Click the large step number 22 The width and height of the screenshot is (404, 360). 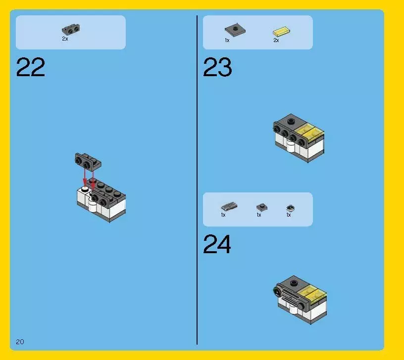tap(31, 67)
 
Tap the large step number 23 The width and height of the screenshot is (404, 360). tap(217, 67)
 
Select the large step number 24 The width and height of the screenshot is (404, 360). tap(217, 244)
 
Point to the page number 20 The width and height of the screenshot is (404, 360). tap(20, 342)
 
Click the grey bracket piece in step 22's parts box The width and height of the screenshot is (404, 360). tap(71, 29)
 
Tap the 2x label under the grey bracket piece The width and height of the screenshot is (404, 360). tap(65, 39)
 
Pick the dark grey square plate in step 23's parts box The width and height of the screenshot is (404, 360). tap(235, 30)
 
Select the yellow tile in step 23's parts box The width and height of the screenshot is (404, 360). tap(282, 31)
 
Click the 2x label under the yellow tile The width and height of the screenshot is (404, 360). tap(276, 40)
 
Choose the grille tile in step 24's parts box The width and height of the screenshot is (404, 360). tap(229, 206)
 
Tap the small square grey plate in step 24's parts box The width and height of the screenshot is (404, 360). tap(262, 207)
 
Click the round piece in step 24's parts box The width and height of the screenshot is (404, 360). tap(290, 208)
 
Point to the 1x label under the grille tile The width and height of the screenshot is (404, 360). tap(223, 215)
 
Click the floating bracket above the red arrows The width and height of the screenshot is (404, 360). tap(88, 162)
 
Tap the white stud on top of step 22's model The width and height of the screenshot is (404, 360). tap(85, 189)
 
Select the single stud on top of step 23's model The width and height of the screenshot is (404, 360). tap(291, 121)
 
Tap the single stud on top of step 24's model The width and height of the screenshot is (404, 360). tap(294, 283)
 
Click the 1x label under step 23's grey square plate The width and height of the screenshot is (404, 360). tap(227, 40)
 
